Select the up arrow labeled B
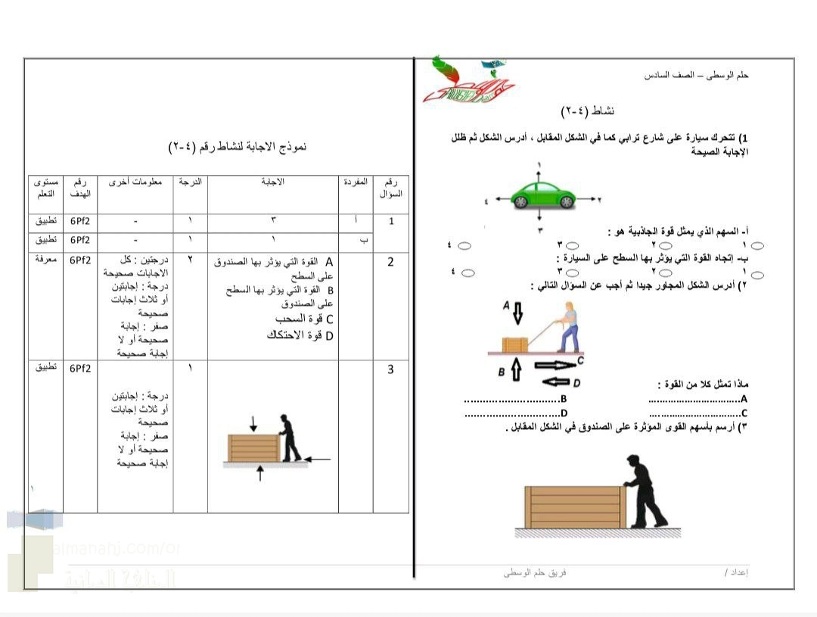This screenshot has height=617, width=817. (516, 370)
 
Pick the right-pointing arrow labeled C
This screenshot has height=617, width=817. (556, 365)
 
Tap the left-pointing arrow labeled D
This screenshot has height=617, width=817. (554, 382)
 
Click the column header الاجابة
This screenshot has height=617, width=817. (272, 182)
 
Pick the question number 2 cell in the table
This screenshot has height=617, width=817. (390, 263)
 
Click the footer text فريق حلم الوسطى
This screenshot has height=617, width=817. (535, 573)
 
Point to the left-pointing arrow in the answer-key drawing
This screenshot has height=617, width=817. (319, 458)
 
